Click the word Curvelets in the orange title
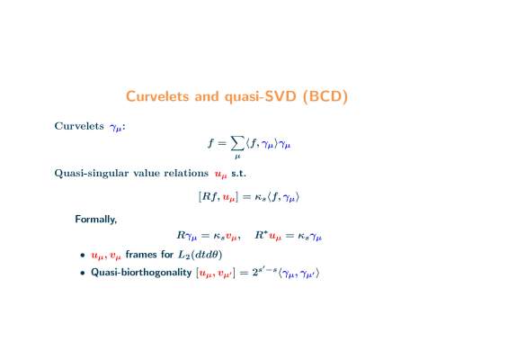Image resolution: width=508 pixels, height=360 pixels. [x=157, y=96]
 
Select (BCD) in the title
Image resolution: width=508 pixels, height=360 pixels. [x=325, y=96]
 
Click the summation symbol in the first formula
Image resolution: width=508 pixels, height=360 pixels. [x=237, y=143]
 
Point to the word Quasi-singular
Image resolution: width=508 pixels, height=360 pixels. [x=92, y=173]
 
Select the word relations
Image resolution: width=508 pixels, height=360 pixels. [x=186, y=173]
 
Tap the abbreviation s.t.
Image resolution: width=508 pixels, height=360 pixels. [x=238, y=173]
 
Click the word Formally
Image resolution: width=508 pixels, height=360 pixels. [x=96, y=220]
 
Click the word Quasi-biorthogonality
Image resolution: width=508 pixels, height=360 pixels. [x=141, y=273]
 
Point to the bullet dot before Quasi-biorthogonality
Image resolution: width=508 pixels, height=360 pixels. [x=83, y=273]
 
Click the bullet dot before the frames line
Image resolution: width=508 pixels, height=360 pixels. [x=83, y=256]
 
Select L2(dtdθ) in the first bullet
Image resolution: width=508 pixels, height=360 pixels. [x=201, y=255]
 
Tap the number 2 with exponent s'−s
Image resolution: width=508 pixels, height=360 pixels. [x=255, y=273]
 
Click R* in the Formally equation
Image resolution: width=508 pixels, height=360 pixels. [x=261, y=235]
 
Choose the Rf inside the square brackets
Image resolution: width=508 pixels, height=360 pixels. [x=210, y=196]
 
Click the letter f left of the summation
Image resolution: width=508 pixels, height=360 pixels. [x=211, y=142]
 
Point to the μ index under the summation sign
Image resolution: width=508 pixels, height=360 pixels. [x=237, y=157]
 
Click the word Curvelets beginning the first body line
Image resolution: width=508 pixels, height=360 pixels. [x=79, y=126]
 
